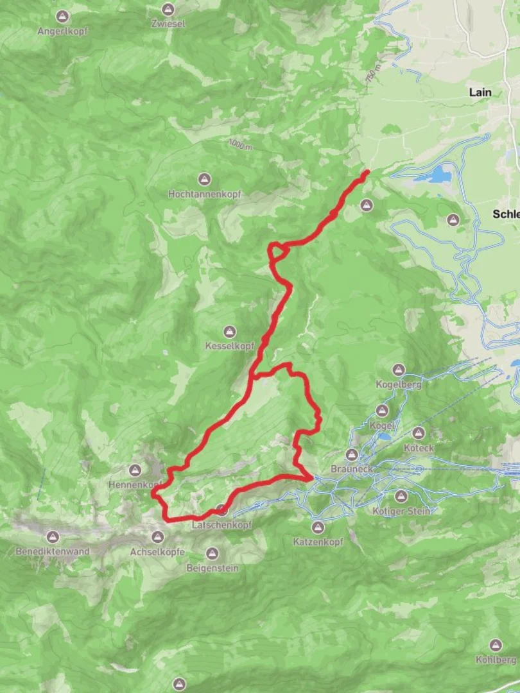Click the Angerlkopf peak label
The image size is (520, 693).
pyautogui.click(x=62, y=31)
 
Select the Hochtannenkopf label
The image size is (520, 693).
pyautogui.click(x=204, y=193)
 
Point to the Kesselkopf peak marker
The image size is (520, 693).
pyautogui.click(x=229, y=332)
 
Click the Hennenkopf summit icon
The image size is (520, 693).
pyautogui.click(x=135, y=471)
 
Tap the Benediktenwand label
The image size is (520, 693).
pyautogui.click(x=53, y=551)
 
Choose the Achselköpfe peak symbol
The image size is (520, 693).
pyautogui.click(x=157, y=536)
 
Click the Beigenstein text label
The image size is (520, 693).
pyautogui.click(x=212, y=569)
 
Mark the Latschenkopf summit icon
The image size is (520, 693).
pyautogui.click(x=221, y=511)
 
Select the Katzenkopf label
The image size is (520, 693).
pyautogui.click(x=318, y=542)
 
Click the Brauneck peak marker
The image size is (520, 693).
pyautogui.click(x=352, y=455)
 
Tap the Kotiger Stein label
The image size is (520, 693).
pyautogui.click(x=401, y=511)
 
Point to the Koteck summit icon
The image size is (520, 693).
pyautogui.click(x=419, y=434)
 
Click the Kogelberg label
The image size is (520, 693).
pyautogui.click(x=399, y=384)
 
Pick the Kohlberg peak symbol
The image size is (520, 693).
pyautogui.click(x=495, y=645)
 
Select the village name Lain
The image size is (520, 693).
pyautogui.click(x=480, y=92)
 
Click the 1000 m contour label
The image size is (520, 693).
pyautogui.click(x=241, y=144)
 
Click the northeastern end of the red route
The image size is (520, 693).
pyautogui.click(x=367, y=171)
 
